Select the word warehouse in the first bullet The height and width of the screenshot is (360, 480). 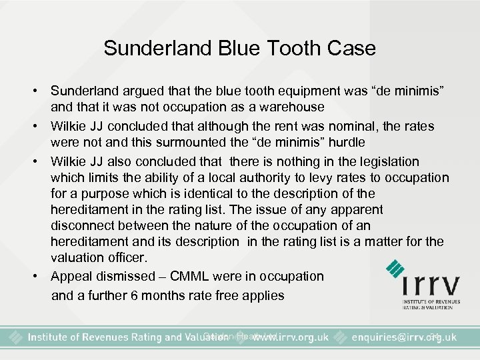(293, 107)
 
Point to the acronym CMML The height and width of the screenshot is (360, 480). (199, 276)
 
